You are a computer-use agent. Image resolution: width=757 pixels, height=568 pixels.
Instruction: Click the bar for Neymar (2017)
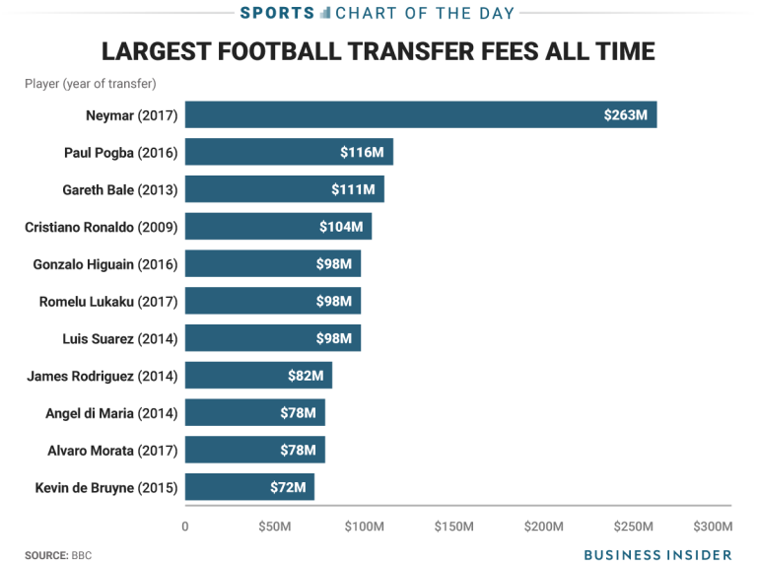(x=421, y=114)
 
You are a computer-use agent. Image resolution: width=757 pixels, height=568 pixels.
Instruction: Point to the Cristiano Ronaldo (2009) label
(x=101, y=227)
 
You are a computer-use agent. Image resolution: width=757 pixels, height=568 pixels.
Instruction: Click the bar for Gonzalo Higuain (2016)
(x=273, y=263)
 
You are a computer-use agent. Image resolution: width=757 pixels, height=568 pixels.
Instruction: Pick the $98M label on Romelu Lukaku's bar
(x=333, y=301)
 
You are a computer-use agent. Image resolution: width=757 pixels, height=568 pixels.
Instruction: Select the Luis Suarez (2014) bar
(x=273, y=338)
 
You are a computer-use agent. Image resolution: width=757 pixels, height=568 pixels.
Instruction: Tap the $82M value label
(x=305, y=376)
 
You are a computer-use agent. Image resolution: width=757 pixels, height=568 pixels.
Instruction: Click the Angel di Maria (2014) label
(x=111, y=413)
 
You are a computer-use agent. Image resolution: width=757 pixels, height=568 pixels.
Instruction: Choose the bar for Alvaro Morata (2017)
(x=254, y=450)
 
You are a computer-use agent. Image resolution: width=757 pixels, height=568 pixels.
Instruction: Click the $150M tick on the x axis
(x=453, y=526)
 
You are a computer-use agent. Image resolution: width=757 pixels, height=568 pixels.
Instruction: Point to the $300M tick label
(x=713, y=526)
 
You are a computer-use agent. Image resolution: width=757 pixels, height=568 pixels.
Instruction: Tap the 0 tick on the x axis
(x=185, y=526)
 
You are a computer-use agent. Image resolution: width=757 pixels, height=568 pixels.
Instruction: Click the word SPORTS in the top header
(x=279, y=13)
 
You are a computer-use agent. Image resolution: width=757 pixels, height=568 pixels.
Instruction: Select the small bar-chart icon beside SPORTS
(x=324, y=13)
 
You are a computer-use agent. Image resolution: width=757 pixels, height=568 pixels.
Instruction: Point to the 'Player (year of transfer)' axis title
(x=90, y=84)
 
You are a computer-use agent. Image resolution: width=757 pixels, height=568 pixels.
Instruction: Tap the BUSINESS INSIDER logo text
(x=657, y=555)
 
